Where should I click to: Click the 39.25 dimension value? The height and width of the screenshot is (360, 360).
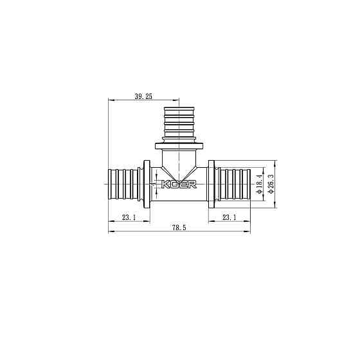(143, 96)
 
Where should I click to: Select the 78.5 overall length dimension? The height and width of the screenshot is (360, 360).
(178, 229)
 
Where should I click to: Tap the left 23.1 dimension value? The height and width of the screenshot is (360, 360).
(129, 217)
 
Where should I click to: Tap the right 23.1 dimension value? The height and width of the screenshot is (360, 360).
(229, 217)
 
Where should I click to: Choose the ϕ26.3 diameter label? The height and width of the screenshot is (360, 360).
(270, 184)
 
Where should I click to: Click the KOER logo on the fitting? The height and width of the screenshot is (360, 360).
(180, 184)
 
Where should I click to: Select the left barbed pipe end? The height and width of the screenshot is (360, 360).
(123, 185)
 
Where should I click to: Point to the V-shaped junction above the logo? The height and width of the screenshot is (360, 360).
(179, 172)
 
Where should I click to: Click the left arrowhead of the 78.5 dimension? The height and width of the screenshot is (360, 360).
(110, 232)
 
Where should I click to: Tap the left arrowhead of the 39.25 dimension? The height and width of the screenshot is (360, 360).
(110, 100)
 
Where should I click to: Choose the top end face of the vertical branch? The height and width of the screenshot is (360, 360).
(179, 104)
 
